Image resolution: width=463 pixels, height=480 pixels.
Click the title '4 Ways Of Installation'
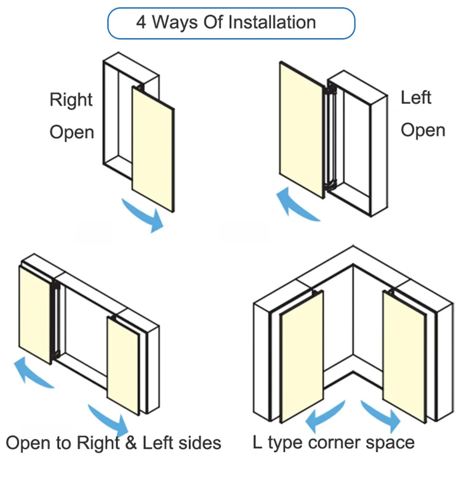click(x=226, y=22)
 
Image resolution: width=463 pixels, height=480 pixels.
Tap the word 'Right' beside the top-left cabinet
click(x=71, y=100)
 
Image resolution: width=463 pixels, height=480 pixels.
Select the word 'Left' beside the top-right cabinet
click(x=416, y=98)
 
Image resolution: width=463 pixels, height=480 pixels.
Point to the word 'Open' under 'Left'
click(x=423, y=130)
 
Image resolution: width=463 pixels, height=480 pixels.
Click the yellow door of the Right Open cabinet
click(x=153, y=148)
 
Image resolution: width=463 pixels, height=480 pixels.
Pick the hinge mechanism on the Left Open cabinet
click(x=331, y=139)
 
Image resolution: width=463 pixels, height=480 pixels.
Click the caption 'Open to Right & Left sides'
click(x=113, y=443)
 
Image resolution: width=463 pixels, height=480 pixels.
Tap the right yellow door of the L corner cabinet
click(x=404, y=355)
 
